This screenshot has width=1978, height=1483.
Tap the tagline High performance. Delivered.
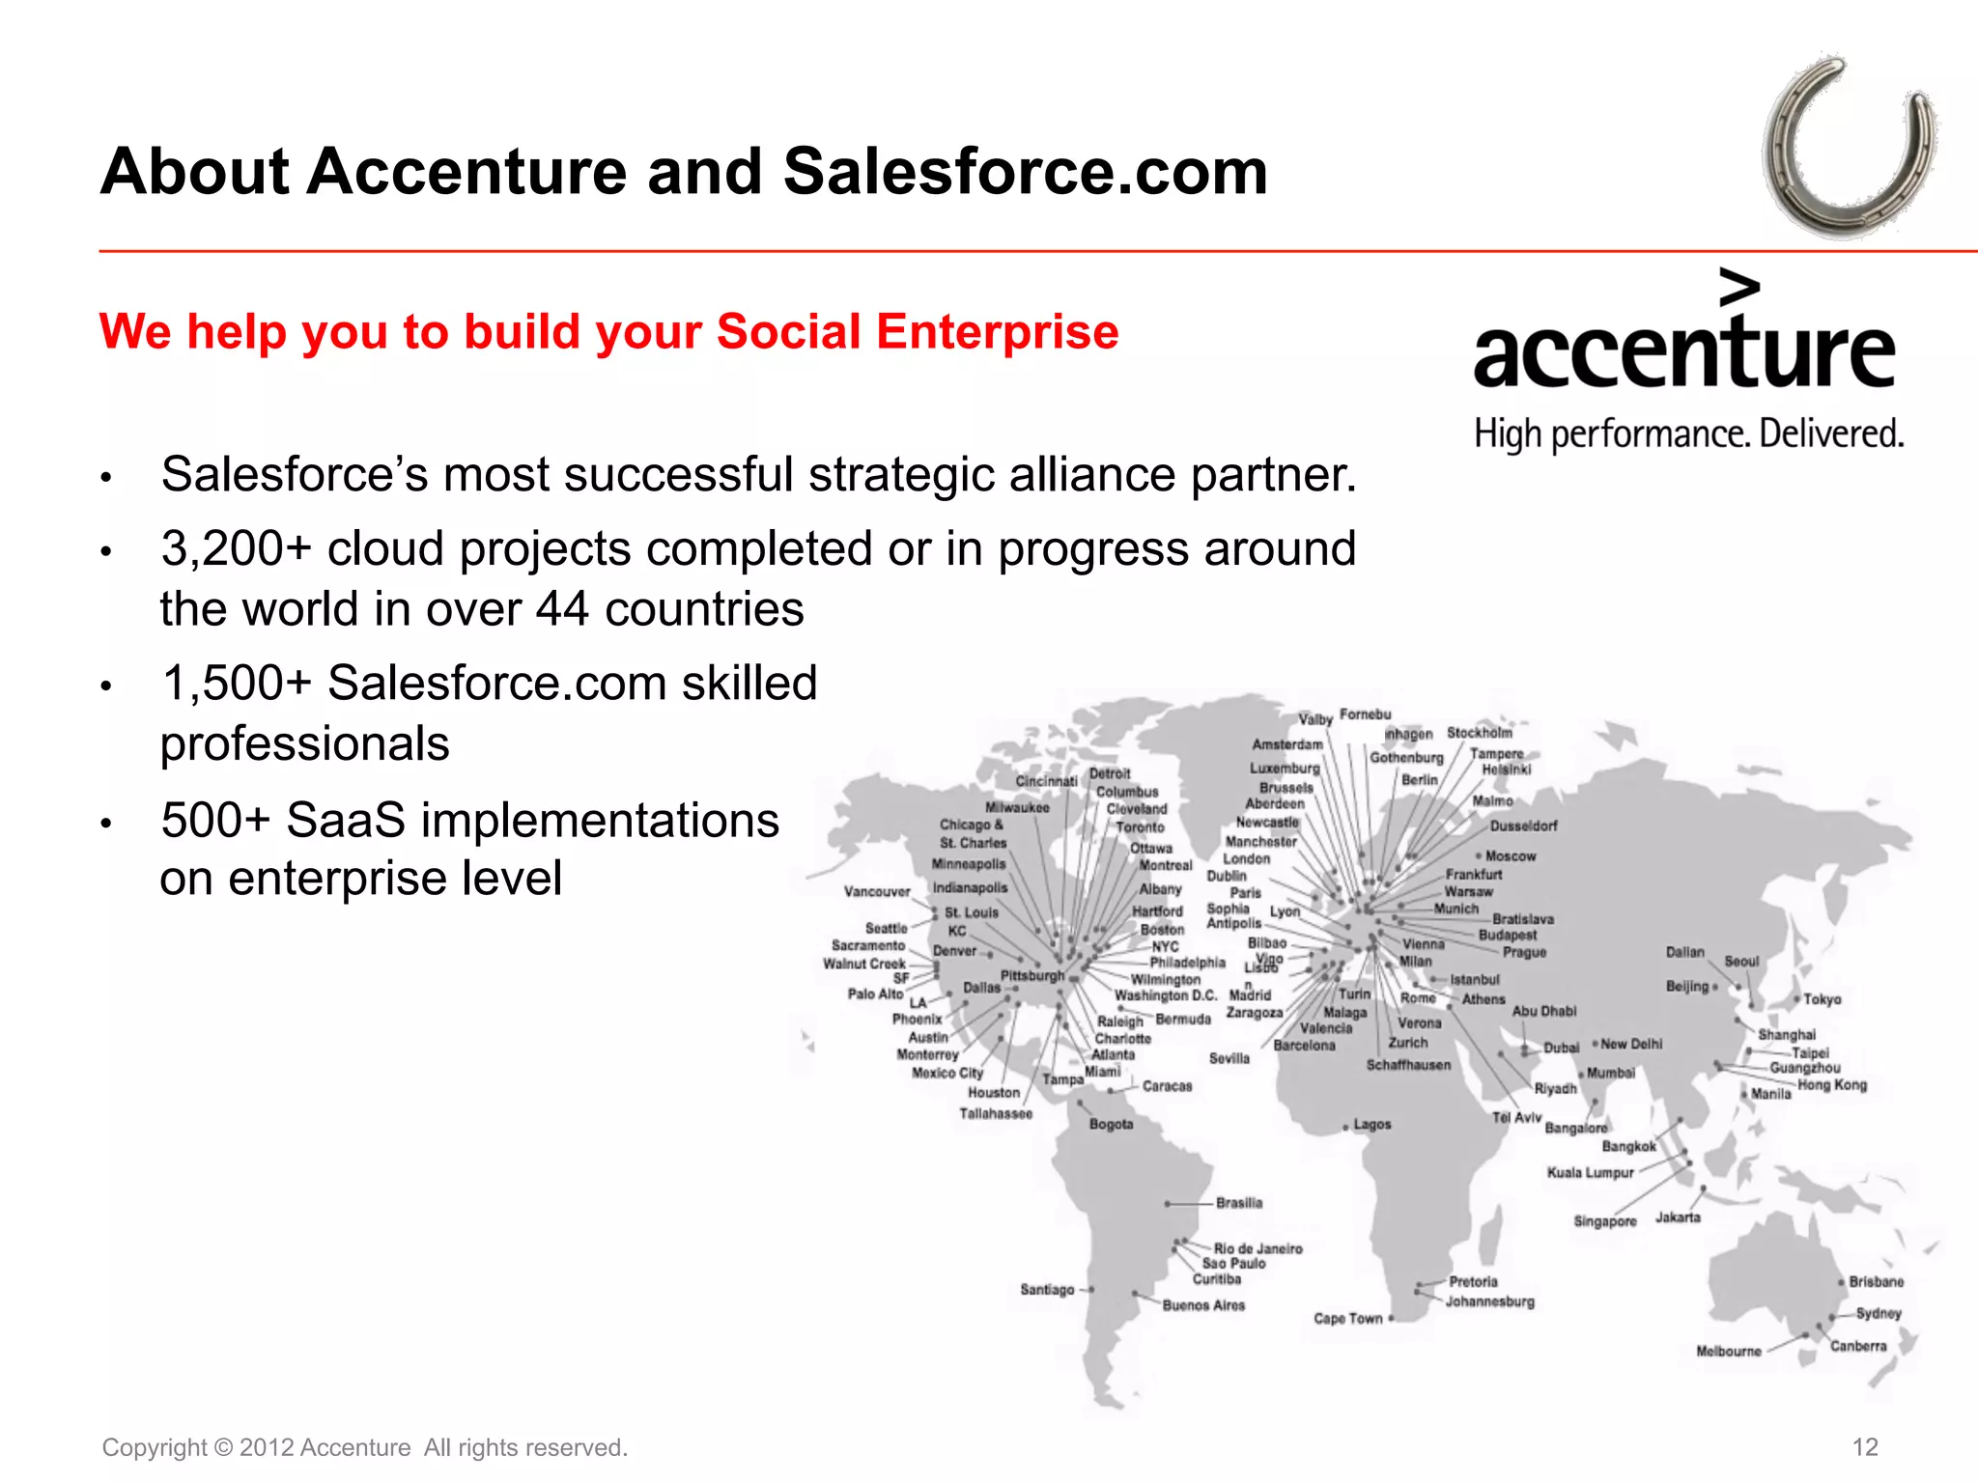point(1688,434)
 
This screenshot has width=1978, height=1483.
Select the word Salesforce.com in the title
point(1025,172)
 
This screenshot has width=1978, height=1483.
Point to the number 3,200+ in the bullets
point(237,549)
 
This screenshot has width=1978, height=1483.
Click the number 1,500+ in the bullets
point(237,684)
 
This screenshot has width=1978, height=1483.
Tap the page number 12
point(1865,1447)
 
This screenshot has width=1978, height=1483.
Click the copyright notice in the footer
point(365,1447)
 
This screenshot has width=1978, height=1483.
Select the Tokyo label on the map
point(1823,999)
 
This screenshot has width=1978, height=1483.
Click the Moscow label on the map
point(1511,856)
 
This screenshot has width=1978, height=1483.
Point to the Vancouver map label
point(877,891)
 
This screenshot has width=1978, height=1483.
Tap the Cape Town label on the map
point(1348,1318)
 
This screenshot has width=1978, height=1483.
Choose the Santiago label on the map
point(1047,1289)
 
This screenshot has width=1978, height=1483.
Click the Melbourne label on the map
point(1729,1351)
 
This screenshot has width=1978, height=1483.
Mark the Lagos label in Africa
point(1372,1125)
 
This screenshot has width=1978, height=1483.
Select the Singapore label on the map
point(1605,1221)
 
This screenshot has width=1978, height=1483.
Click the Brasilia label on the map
point(1239,1203)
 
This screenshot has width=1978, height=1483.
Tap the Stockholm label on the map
point(1480,733)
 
